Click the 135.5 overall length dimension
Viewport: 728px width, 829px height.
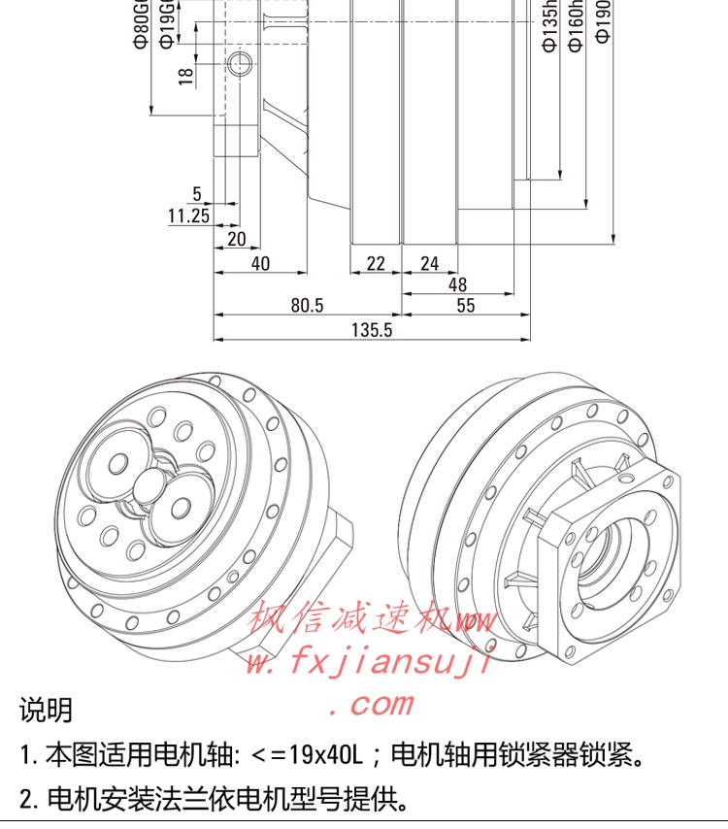[372, 330]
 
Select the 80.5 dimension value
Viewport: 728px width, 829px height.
[306, 306]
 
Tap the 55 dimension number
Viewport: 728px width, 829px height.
[465, 306]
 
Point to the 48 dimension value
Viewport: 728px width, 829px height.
[457, 284]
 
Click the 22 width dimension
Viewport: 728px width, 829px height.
[376, 263]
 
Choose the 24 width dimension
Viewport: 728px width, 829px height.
[429, 263]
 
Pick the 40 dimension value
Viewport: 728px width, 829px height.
[260, 263]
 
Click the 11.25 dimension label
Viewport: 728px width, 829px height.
[188, 216]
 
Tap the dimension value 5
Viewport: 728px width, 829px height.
[197, 194]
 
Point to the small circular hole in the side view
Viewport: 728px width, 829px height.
[239, 65]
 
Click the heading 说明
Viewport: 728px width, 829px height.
[46, 710]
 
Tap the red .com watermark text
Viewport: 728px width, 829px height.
[372, 703]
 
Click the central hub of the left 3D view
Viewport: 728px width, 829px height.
[150, 484]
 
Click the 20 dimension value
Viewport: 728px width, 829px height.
[236, 239]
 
